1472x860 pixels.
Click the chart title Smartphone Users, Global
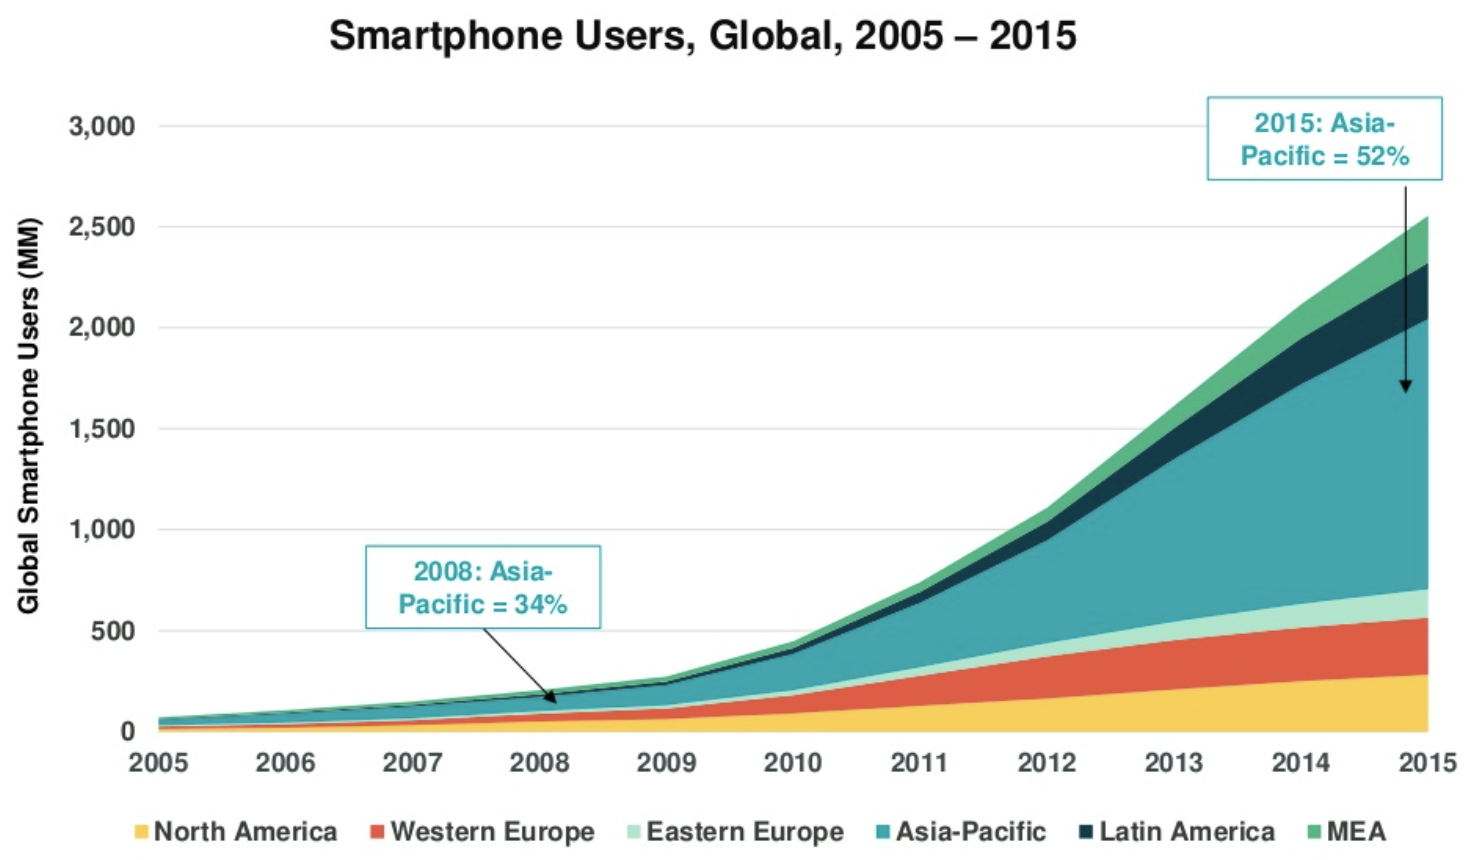(702, 36)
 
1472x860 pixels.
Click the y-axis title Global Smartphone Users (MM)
(28, 415)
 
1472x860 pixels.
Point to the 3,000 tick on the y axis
(101, 127)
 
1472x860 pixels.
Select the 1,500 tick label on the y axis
(101, 429)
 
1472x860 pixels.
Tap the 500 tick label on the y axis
(112, 631)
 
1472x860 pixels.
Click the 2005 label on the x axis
(158, 763)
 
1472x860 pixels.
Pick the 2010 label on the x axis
(793, 763)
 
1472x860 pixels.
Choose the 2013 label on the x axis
(1173, 763)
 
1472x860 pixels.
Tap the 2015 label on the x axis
(1427, 763)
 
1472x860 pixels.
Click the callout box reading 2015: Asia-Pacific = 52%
(1324, 139)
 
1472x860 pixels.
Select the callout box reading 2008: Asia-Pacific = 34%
(483, 587)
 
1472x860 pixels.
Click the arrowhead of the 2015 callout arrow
(1405, 386)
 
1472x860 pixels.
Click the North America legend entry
(235, 832)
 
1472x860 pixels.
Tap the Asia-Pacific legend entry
(960, 832)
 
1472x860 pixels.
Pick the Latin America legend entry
(1176, 832)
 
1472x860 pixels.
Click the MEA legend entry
(1346, 832)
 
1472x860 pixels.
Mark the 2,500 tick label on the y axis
(101, 227)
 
